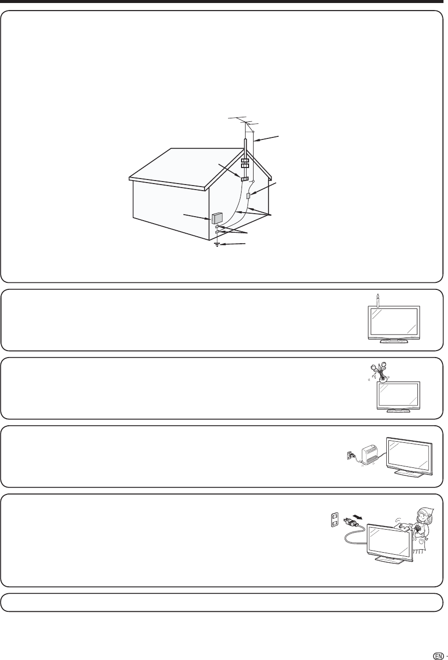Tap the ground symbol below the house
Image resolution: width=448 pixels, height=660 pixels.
click(217, 245)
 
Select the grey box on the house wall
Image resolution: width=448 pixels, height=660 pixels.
click(217, 218)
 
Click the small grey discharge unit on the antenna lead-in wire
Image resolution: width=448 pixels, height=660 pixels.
click(249, 195)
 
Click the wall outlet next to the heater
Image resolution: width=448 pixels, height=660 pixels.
click(345, 456)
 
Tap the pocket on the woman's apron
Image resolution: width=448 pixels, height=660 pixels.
click(422, 540)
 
